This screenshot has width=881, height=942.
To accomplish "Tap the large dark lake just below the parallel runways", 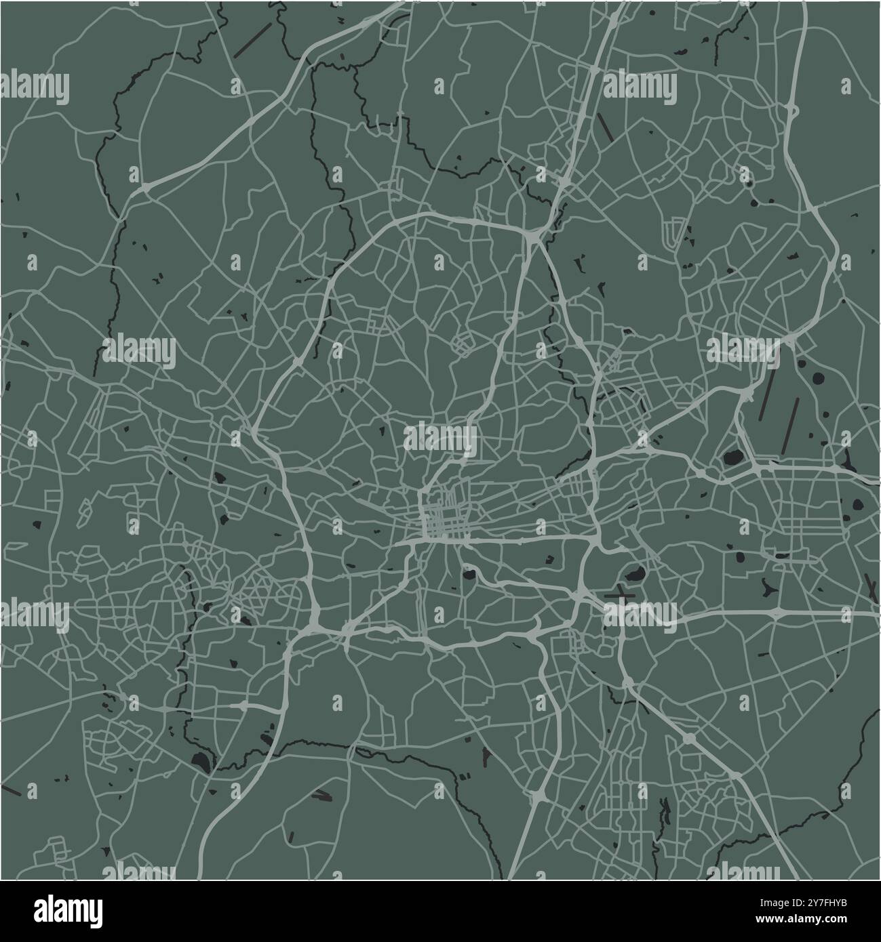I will pos(732,458).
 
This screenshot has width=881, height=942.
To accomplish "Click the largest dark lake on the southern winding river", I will pos(201,761).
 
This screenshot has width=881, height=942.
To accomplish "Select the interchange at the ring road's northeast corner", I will pos(534,235).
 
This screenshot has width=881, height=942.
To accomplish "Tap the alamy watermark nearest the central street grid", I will pos(439,437).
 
